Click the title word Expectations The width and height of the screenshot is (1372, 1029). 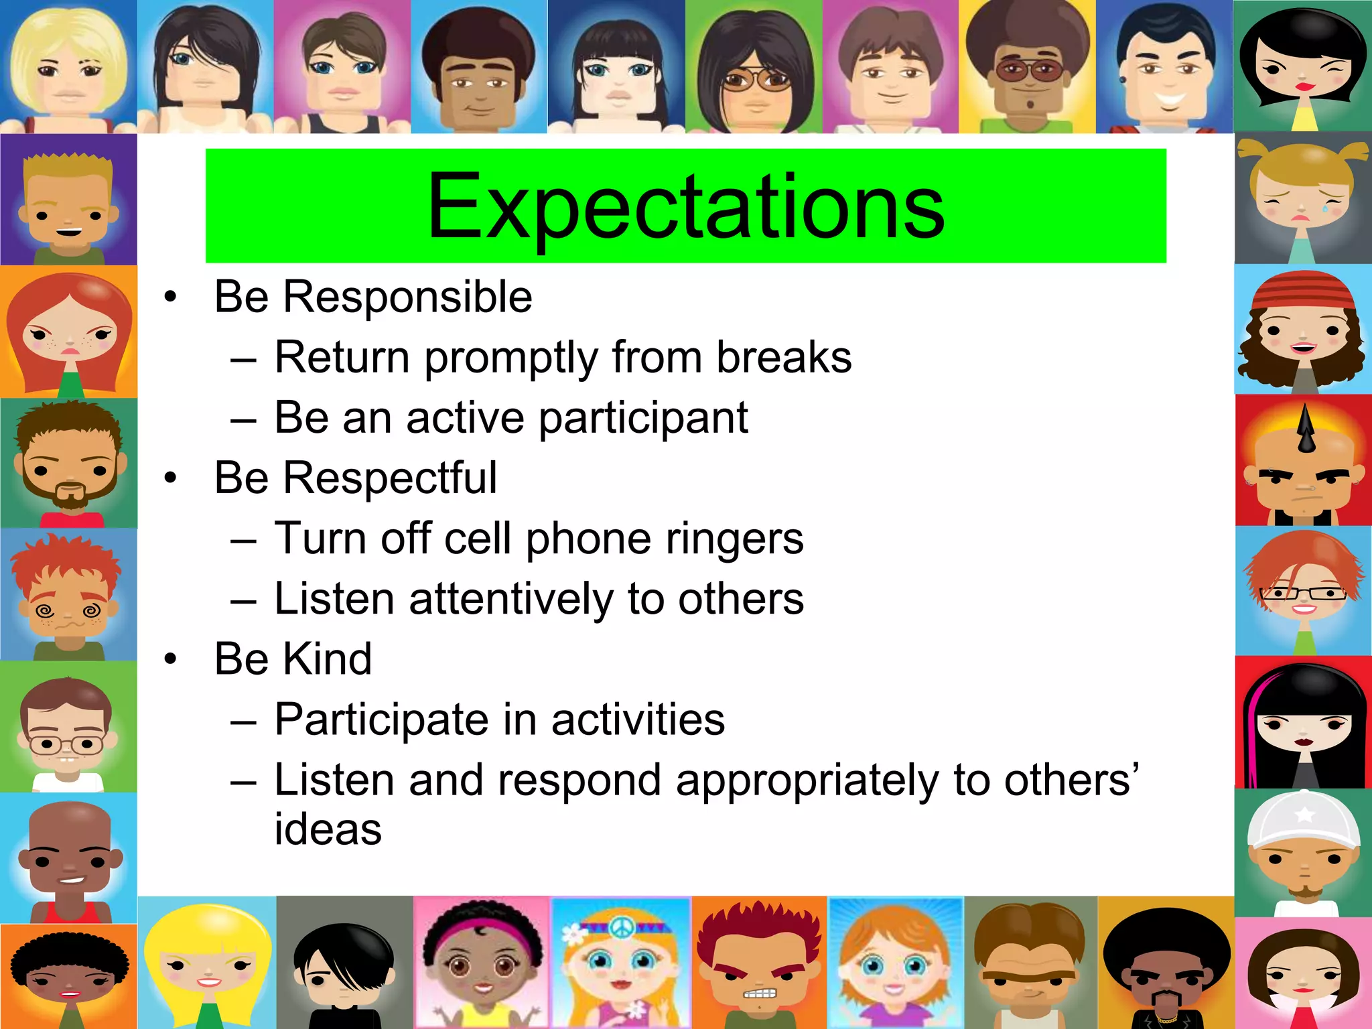coord(685,206)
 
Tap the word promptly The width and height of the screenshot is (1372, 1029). coord(510,358)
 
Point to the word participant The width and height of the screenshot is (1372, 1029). coord(643,419)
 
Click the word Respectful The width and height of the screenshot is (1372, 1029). coord(389,478)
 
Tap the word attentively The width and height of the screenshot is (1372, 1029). coord(510,599)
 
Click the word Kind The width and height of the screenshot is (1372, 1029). coord(327,659)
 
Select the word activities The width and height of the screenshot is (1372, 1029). coord(638,719)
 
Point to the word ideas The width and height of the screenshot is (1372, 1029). coord(328,830)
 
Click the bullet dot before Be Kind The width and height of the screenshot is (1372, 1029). coord(171,659)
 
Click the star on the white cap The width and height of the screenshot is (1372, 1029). coord(1304,815)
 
